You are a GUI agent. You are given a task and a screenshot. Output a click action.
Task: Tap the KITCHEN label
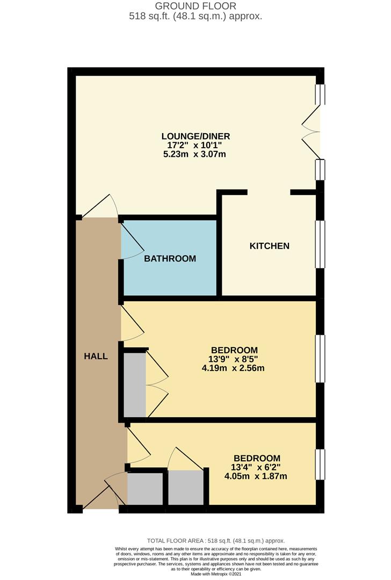point(269,246)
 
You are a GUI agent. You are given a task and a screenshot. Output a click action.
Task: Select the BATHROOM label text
point(170,258)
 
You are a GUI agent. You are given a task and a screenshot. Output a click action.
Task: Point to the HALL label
point(96,356)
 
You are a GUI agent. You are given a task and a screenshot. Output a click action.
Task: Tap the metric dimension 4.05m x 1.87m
point(257,476)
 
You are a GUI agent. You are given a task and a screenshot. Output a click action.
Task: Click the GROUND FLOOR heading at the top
point(195,6)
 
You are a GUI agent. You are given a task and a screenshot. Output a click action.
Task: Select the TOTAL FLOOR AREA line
point(215,541)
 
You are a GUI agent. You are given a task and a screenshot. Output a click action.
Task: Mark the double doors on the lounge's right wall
point(312,130)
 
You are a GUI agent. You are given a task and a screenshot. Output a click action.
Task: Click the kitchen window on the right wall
point(320,244)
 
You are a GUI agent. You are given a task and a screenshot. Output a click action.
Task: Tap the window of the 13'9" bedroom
point(320,358)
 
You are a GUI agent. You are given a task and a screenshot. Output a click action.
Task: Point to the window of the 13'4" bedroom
point(320,465)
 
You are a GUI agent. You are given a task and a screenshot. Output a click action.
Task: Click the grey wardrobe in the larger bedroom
point(135,385)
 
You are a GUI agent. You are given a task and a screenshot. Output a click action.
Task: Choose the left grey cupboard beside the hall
point(145,488)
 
